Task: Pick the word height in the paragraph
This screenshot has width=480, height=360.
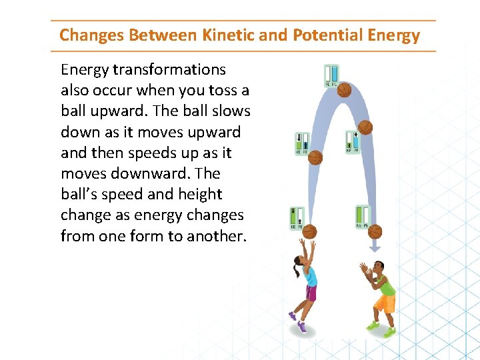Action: point(200,194)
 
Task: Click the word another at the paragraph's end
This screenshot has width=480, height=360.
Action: point(214,236)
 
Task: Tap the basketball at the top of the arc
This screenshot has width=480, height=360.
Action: point(344,89)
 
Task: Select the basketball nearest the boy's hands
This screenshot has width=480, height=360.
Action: point(375,231)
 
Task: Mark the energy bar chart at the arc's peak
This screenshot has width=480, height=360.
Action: point(331,75)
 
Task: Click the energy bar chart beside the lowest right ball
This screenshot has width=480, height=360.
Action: point(362,217)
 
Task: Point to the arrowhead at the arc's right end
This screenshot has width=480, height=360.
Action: point(375,248)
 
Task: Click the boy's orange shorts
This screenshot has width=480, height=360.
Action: point(384,304)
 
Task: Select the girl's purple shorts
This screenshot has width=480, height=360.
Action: point(310,293)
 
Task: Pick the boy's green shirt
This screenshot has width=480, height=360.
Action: point(384,285)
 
